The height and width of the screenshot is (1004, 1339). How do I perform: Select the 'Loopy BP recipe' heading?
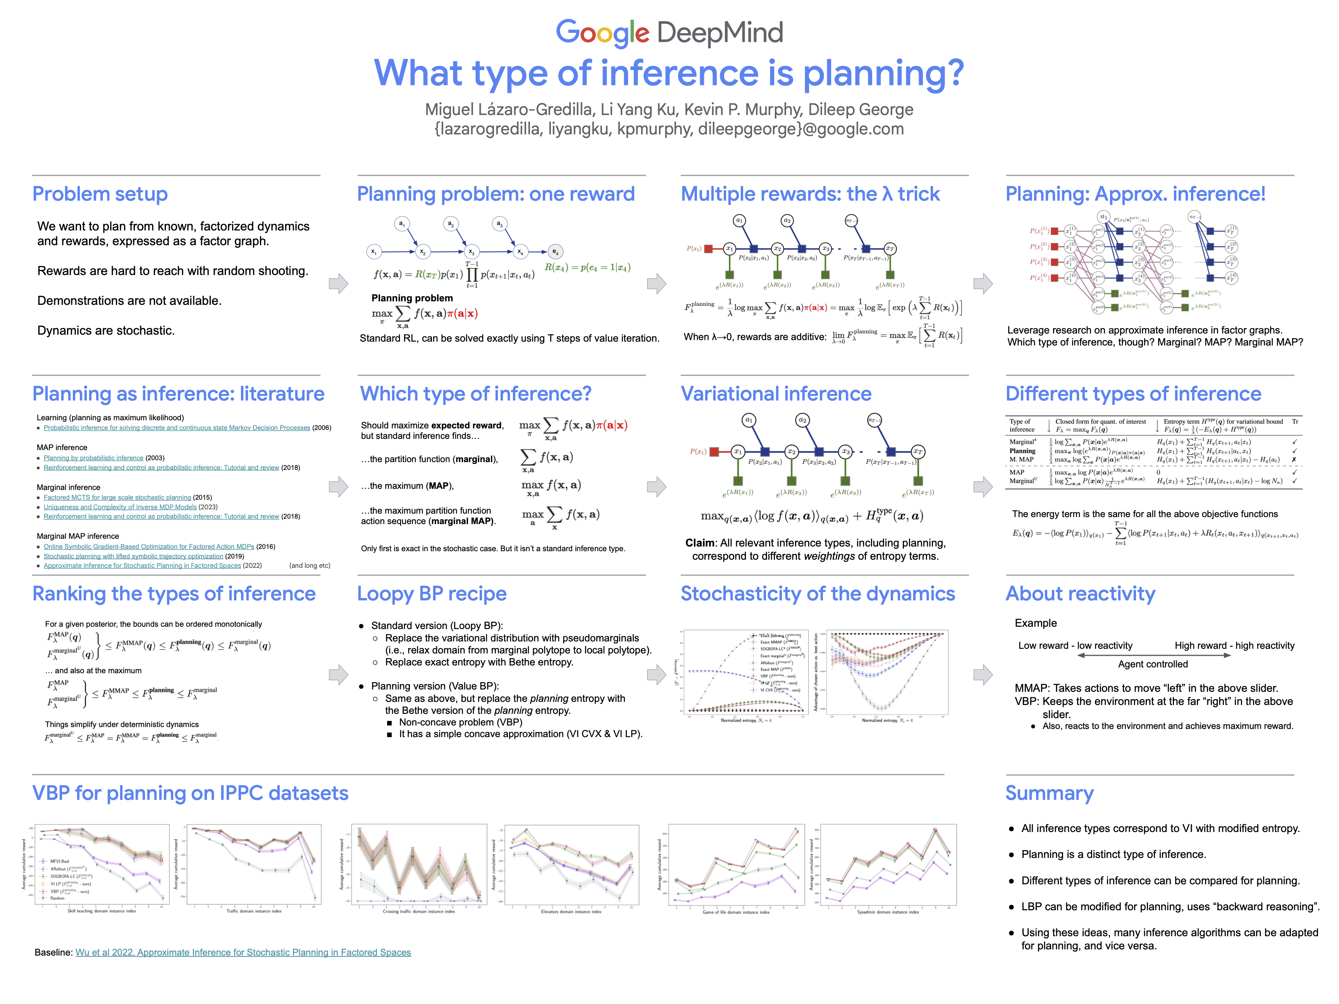coord(432,594)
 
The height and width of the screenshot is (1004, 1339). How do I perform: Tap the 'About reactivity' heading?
coord(1080,594)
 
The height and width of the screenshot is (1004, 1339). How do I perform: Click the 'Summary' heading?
coord(1049,793)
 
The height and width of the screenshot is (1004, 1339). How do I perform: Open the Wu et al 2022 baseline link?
coord(243,952)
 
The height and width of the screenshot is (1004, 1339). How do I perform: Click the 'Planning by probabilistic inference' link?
coord(93,458)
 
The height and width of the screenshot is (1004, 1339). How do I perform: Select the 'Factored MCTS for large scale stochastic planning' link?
coord(117,497)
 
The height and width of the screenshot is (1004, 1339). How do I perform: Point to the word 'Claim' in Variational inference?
coord(700,543)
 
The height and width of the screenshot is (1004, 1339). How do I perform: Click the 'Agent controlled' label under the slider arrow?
coord(1153,664)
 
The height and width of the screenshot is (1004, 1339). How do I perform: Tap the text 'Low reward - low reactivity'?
coord(1075,646)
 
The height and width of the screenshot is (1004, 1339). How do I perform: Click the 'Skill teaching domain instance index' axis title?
coord(102,911)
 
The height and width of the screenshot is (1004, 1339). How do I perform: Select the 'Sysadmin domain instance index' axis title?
coord(887,912)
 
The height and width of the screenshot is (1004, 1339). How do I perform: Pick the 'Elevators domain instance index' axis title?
coord(571,911)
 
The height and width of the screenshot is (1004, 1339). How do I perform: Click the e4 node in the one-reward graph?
coord(555,252)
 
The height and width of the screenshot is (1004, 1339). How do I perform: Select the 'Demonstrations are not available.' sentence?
coord(129,301)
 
